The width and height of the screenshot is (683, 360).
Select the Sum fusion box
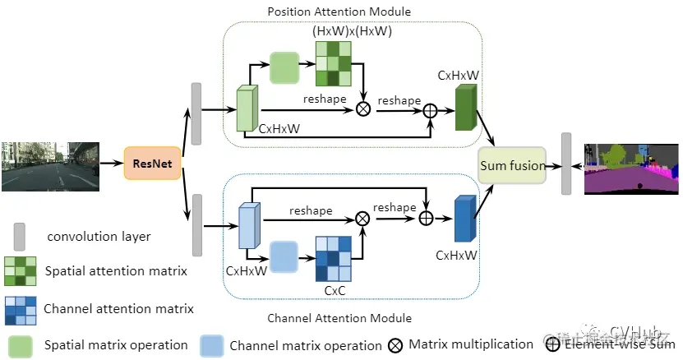pos(513,165)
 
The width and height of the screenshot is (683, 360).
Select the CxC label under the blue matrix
pos(335,290)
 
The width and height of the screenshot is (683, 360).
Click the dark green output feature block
pos(466,108)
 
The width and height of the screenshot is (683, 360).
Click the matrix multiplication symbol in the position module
pos(362,107)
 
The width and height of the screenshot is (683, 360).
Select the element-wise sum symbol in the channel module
pos(427,218)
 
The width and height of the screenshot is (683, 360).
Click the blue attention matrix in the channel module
pos(334,260)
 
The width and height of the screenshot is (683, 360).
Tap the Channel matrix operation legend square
pos(211,345)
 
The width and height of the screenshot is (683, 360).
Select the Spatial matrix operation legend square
pos(21,345)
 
